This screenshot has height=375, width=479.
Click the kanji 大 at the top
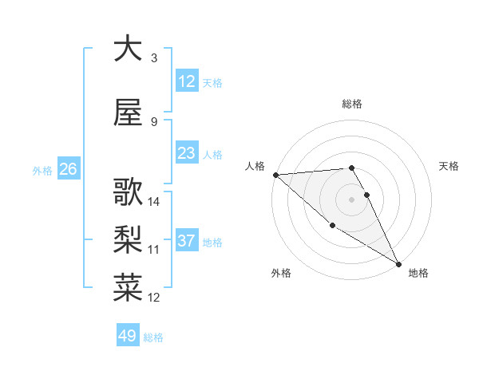tap(128, 49)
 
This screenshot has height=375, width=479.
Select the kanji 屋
tap(128, 113)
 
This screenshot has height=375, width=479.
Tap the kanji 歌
tap(128, 193)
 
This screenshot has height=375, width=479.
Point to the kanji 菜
tap(128, 288)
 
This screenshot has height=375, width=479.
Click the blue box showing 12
tap(187, 81)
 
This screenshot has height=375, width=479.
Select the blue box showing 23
tap(187, 153)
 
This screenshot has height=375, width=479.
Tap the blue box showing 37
tap(187, 241)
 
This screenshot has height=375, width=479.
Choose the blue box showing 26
tap(68, 169)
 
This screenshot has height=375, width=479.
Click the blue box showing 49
tap(128, 336)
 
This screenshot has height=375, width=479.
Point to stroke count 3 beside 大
tap(153, 57)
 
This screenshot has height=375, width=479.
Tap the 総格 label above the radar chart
tap(351, 104)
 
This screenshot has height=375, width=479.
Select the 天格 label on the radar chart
tap(449, 166)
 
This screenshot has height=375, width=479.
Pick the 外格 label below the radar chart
tap(281, 273)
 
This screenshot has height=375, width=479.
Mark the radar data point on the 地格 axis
tap(398, 264)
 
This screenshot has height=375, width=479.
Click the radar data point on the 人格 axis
tap(275, 175)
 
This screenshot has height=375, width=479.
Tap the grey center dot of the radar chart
tap(351, 199)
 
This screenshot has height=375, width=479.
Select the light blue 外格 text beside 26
tap(42, 170)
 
